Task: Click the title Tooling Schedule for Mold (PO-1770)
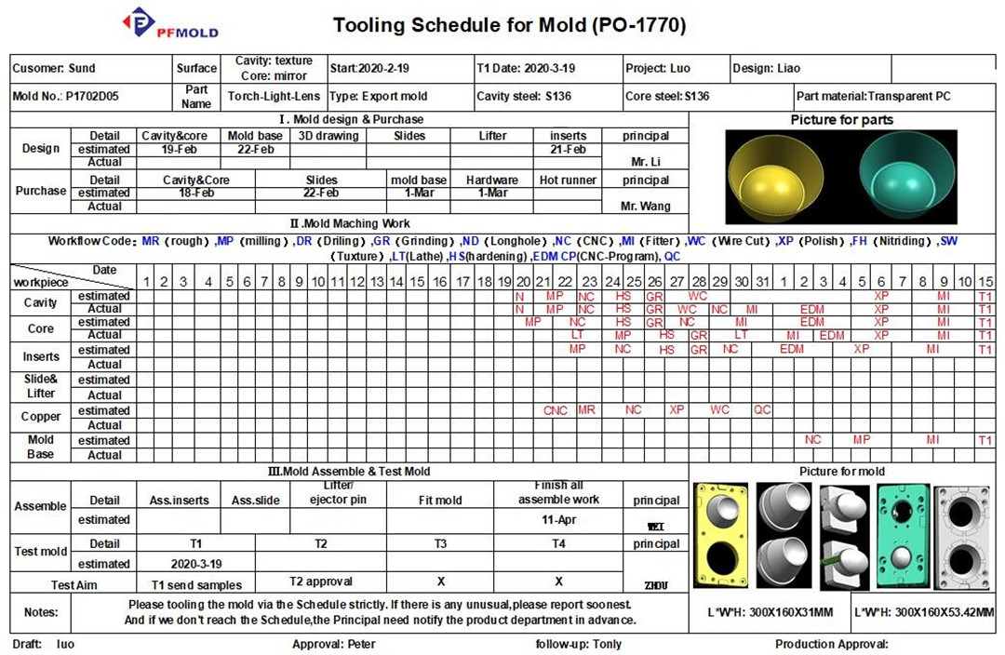coord(510,25)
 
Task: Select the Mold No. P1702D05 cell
coord(66,96)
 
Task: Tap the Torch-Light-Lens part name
coord(274,96)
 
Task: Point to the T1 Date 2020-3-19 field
coord(526,68)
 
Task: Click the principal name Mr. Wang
coord(645,206)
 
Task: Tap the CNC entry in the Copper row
coord(556,410)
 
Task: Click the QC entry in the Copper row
coord(762,410)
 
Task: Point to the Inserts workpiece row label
coord(41,356)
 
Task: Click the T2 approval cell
coord(320,581)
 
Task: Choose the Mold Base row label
coord(41,448)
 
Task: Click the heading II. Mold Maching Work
coord(349,223)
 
